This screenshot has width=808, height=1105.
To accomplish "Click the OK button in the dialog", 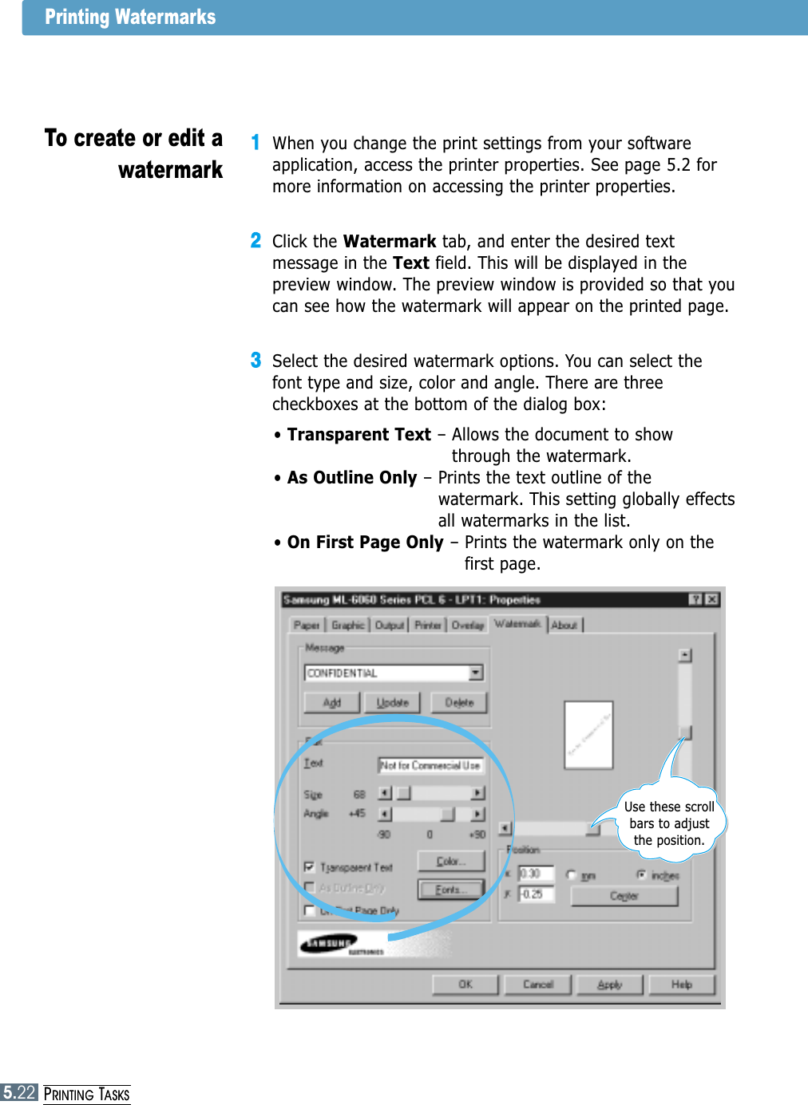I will pos(465,985).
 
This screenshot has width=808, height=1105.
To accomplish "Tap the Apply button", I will pos(610,985).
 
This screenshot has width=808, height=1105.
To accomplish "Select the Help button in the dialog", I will pos(682,985).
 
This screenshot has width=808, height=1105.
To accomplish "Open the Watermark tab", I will pos(517,624).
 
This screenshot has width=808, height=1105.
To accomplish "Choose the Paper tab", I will pos(307,626).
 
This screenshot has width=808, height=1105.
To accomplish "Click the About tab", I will pos(564,626).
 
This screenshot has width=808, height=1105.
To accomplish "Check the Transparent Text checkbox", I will pos(310,867).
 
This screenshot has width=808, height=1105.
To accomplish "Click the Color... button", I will pos(451,862).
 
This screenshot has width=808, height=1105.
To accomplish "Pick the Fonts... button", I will pos(451,890).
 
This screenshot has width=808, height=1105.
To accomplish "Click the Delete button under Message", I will pos(459,703).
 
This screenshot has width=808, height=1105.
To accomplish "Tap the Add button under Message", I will pos(332,703).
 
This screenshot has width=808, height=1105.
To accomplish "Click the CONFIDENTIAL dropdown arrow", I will pos(476,673).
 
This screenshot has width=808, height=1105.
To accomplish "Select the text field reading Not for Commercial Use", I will pos(430,765).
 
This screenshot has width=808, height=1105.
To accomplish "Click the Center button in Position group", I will pos(624,896).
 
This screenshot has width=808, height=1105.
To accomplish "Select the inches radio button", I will pos(641,875).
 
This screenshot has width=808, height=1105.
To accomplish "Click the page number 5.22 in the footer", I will pos(19,1093).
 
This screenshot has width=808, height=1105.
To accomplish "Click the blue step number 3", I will pos(255,361).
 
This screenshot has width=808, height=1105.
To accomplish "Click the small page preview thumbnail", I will pos(588,735).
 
